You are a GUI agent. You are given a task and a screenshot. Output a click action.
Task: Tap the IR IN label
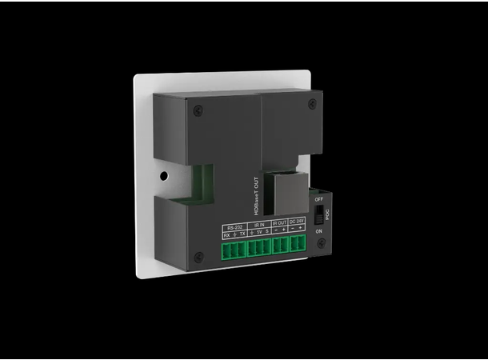(x=259, y=226)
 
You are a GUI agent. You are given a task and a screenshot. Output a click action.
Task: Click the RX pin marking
(x=226, y=234)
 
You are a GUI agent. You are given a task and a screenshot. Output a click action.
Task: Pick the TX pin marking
(x=243, y=234)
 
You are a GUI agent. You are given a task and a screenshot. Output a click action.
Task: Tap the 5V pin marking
(x=259, y=234)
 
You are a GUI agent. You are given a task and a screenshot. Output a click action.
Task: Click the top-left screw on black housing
(x=198, y=110)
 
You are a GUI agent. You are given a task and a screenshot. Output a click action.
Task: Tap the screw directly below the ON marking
(x=321, y=242)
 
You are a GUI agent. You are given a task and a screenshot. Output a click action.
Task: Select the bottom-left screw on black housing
(x=198, y=258)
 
